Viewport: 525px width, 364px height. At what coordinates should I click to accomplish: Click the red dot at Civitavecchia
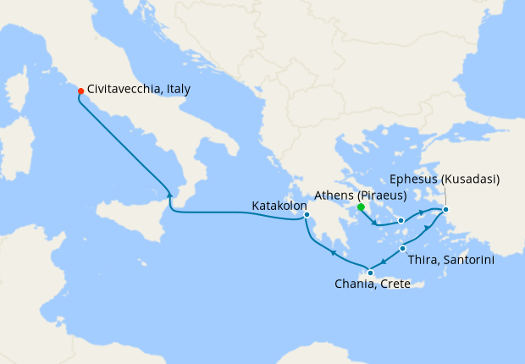80,91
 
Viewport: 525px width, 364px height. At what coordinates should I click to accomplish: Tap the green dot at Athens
360,207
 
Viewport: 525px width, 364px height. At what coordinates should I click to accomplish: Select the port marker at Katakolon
307,214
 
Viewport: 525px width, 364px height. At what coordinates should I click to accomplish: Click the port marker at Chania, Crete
369,273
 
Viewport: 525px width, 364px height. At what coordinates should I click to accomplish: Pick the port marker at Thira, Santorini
402,248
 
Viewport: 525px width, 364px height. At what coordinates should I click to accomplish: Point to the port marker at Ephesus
445,209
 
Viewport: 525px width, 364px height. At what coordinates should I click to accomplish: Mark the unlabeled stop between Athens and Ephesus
401,220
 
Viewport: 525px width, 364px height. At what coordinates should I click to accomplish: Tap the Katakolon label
279,205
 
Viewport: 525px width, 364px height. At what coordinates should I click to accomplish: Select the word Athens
332,195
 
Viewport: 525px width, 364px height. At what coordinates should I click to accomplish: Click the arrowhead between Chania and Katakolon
334,252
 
